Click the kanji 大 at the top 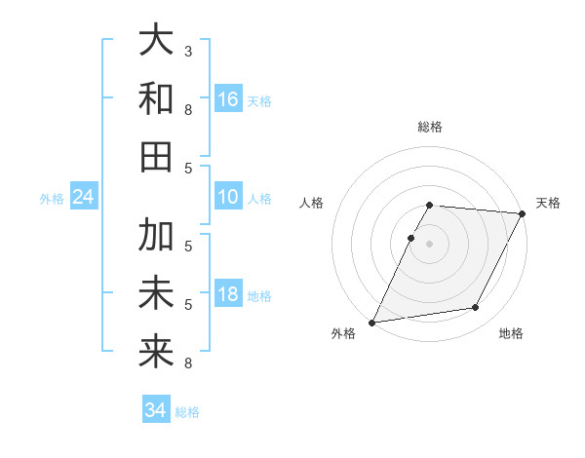tap(156, 42)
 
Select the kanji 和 tap(156, 99)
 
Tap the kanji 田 tap(156, 157)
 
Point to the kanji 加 tap(156, 237)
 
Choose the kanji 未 tap(156, 294)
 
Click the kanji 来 tap(156, 352)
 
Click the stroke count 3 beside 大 tap(188, 50)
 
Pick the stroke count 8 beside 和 tap(188, 109)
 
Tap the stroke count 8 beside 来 tap(188, 363)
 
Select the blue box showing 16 tap(228, 99)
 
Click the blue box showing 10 tap(228, 198)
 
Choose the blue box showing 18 tap(228, 295)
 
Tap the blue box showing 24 tap(84, 198)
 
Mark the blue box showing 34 tap(156, 410)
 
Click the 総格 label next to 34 tap(187, 412)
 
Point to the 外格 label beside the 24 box tap(52, 199)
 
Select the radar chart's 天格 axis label tap(548, 203)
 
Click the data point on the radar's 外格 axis tap(371, 322)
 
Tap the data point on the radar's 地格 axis tap(476, 308)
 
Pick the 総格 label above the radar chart tap(430, 127)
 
